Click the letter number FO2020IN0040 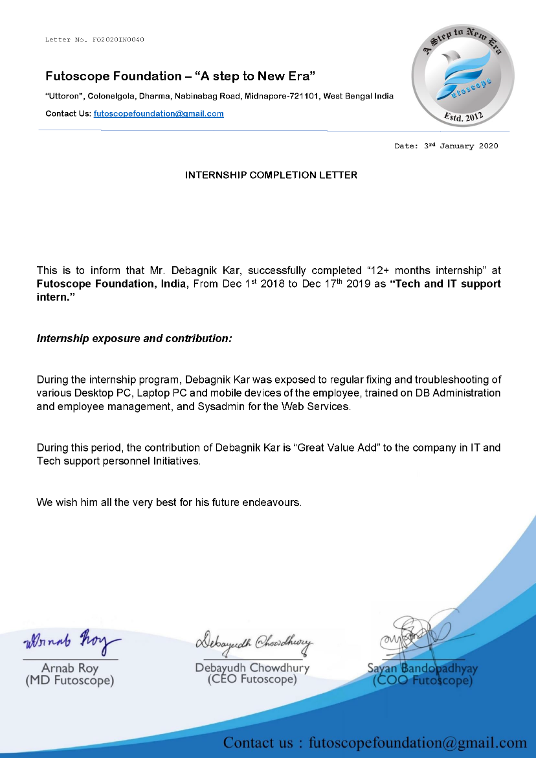118,40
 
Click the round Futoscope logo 463,76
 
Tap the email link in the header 159,113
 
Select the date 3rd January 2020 461,146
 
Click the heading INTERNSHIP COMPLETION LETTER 271,175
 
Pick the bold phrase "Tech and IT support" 445,284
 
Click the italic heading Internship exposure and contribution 134,338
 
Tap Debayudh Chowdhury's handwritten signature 254,641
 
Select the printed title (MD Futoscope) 69,681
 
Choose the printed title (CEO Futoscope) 252,680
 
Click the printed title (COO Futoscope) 423,681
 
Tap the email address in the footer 418,742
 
